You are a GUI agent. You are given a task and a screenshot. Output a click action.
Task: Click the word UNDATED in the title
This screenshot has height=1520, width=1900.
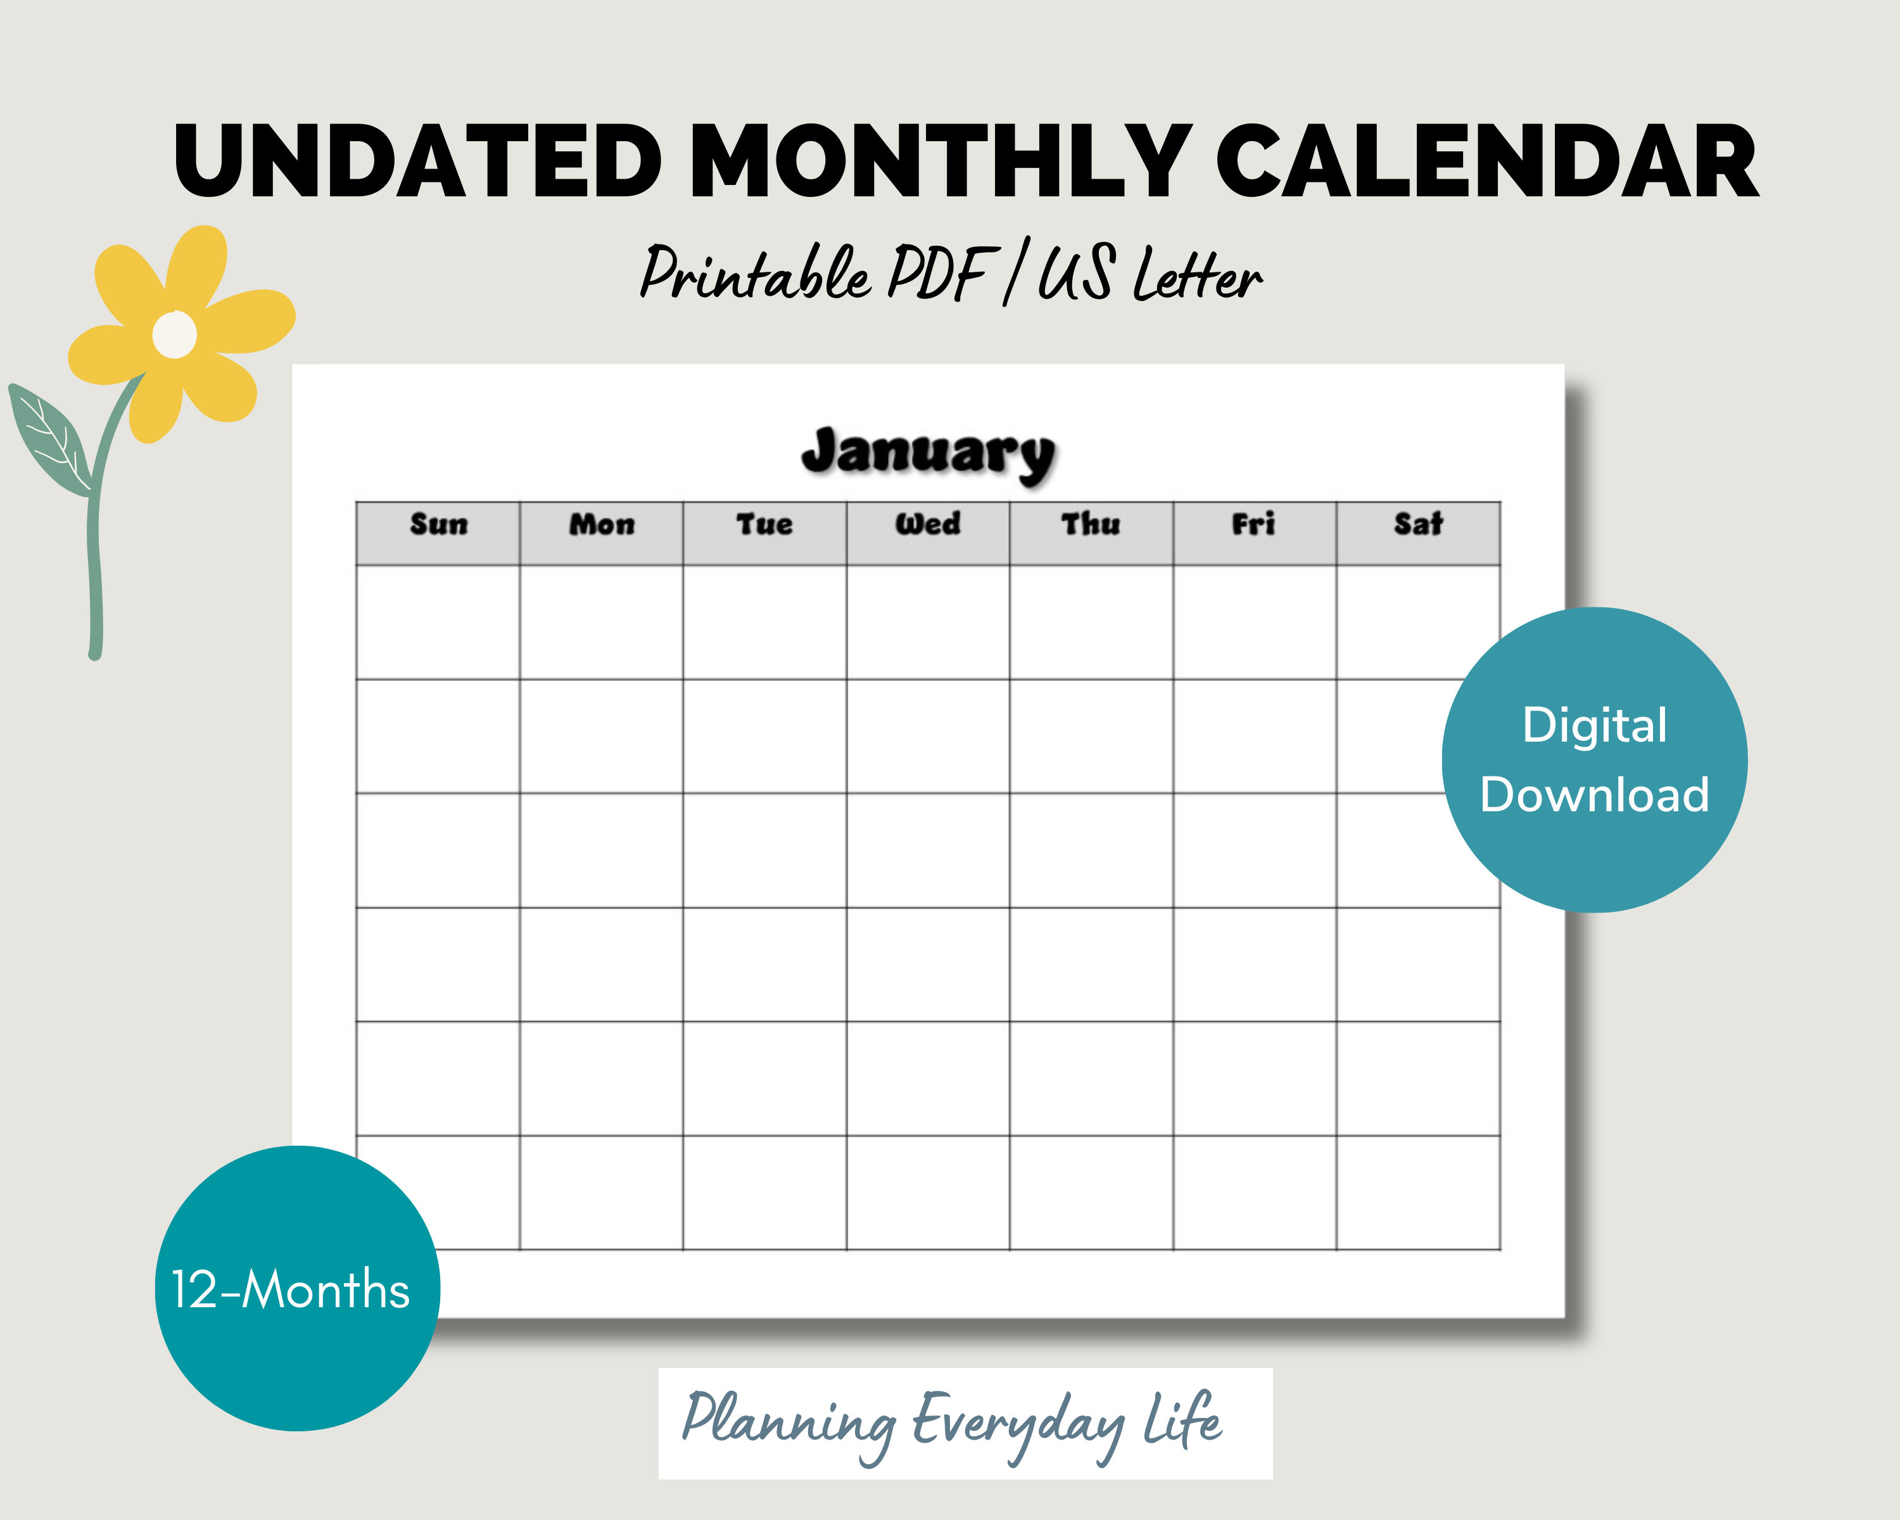[417, 162]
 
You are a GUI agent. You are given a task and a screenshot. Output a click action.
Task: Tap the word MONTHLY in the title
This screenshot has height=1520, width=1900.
[940, 162]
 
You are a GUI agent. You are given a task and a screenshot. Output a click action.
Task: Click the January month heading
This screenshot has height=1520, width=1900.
[928, 453]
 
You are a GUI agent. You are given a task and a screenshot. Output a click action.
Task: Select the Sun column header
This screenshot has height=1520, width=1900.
[438, 525]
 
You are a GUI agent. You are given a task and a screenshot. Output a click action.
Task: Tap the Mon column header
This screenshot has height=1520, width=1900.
[601, 525]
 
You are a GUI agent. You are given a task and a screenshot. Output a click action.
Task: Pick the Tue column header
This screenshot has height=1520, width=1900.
[764, 525]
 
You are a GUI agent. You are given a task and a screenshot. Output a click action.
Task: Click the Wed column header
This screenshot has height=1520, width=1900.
[928, 525]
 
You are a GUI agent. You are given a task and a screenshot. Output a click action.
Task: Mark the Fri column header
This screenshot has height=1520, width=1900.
[1253, 525]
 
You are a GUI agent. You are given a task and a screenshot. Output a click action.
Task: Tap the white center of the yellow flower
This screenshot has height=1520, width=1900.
[175, 335]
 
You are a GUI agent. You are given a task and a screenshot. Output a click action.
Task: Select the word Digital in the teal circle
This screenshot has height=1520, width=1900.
[1594, 726]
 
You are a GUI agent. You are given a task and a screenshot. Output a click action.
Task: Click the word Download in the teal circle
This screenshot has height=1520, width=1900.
[1594, 795]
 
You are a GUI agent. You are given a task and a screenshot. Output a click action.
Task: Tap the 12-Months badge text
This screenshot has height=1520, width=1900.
[290, 1290]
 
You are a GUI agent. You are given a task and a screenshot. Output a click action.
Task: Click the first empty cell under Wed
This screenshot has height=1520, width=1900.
[928, 622]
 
